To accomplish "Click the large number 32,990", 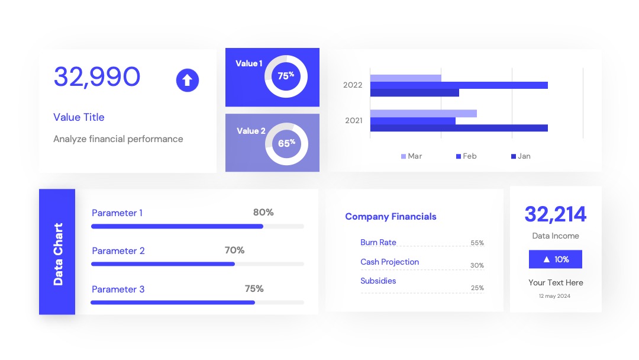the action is pyautogui.click(x=97, y=76).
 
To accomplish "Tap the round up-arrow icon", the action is pyautogui.click(x=188, y=80).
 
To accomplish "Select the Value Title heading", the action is pyautogui.click(x=79, y=117).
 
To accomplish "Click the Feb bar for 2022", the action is pyautogui.click(x=459, y=85).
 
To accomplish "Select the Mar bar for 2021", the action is pyautogui.click(x=424, y=113).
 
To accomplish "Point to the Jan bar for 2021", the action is pyautogui.click(x=459, y=128).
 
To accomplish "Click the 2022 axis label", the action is pyautogui.click(x=353, y=85).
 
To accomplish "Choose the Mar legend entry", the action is pyautogui.click(x=412, y=156).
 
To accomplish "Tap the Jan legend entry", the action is pyautogui.click(x=521, y=156).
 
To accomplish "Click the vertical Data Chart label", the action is pyautogui.click(x=58, y=254).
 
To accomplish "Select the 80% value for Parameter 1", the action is pyautogui.click(x=263, y=212).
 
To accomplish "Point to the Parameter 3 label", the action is pyautogui.click(x=118, y=289).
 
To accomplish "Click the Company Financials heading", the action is pyautogui.click(x=391, y=217).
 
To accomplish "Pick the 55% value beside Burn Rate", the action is pyautogui.click(x=477, y=243).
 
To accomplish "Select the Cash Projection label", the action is pyautogui.click(x=389, y=262).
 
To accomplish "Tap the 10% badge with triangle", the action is pyautogui.click(x=556, y=259).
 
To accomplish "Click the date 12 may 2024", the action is pyautogui.click(x=554, y=296).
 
